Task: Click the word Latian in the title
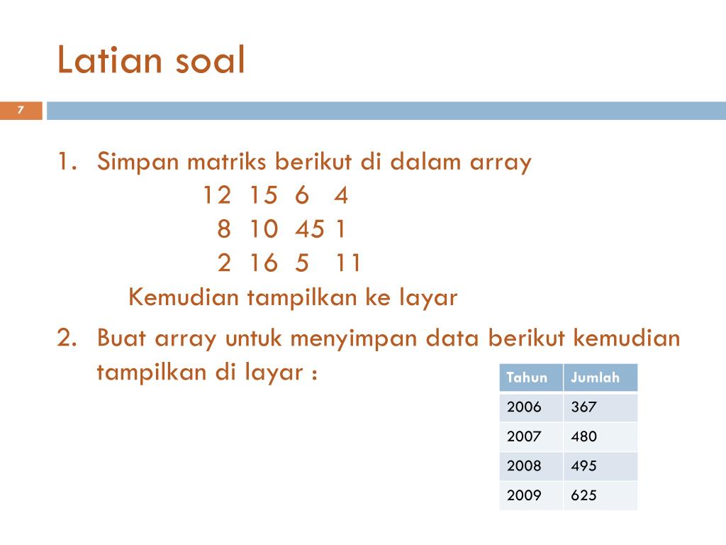click(109, 60)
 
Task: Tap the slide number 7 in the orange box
click(21, 110)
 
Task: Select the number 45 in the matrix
click(310, 229)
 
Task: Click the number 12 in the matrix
click(217, 194)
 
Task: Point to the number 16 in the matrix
click(264, 263)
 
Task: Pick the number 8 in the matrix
click(224, 229)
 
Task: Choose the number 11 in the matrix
click(347, 263)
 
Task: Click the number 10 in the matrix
click(264, 229)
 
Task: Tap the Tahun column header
click(527, 378)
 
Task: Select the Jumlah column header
click(595, 378)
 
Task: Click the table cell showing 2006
click(524, 407)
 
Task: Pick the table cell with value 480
click(584, 436)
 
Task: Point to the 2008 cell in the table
click(524, 466)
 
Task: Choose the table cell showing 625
click(584, 495)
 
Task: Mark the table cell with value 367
click(584, 407)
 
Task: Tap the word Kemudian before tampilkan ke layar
click(184, 297)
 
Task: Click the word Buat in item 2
click(121, 337)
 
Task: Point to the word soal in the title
click(210, 60)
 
